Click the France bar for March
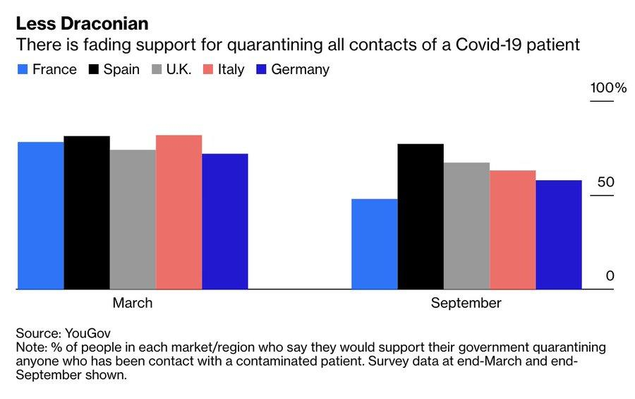click(40, 215)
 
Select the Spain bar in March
click(87, 213)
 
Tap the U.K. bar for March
click(133, 219)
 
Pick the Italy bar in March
click(179, 212)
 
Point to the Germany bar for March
click(225, 221)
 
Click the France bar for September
click(374, 244)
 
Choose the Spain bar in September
click(421, 216)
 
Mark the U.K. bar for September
click(466, 226)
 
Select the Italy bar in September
click(513, 230)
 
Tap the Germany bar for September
click(559, 234)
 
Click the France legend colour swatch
click(22, 70)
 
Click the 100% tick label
click(608, 88)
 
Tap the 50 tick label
click(605, 182)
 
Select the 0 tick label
click(610, 275)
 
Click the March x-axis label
click(133, 304)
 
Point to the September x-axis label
click(466, 304)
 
